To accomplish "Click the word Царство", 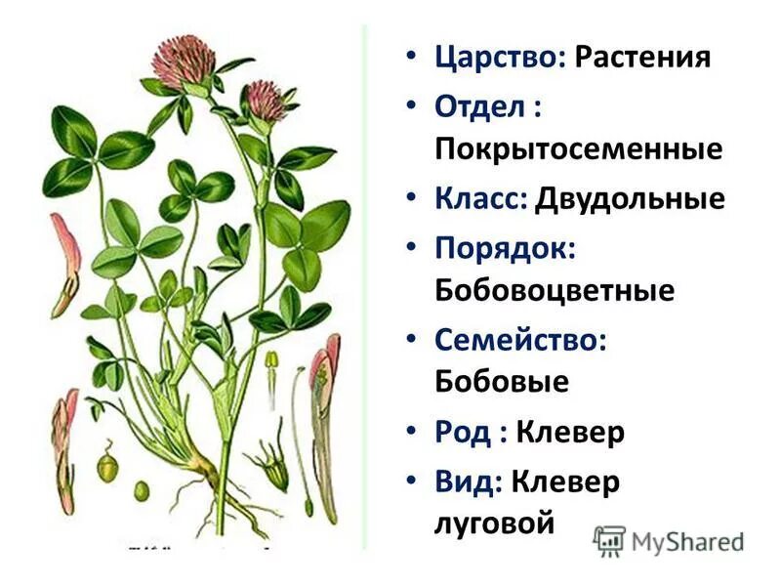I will coord(499,56).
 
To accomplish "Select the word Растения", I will coord(641,56).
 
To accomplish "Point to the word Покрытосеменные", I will coord(578,149).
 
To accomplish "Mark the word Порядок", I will coord(504,250).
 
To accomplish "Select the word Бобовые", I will coord(501,381).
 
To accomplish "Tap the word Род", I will coord(463,431).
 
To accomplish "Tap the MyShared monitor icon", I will coord(609,540).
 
